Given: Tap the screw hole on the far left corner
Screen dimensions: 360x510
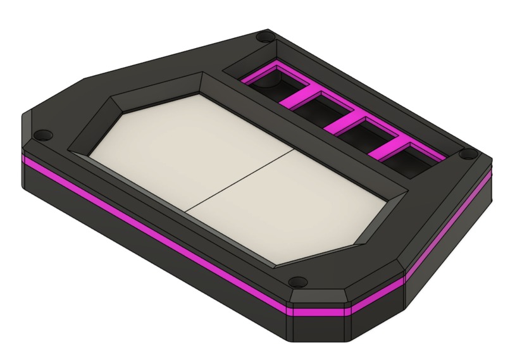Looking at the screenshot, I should pos(42,135).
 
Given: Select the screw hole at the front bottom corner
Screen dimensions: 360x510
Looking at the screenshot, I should pos(298,280).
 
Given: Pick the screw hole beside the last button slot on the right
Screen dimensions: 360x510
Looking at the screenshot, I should pos(466,154).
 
